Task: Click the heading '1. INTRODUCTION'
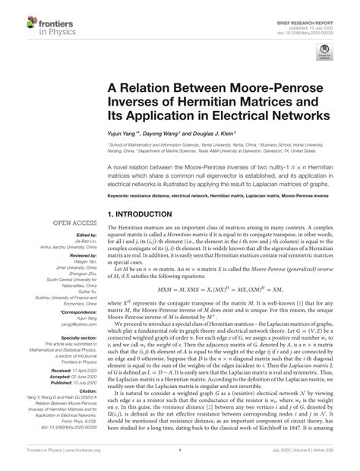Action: (x=150, y=215)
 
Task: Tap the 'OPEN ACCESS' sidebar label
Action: (x=73, y=224)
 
